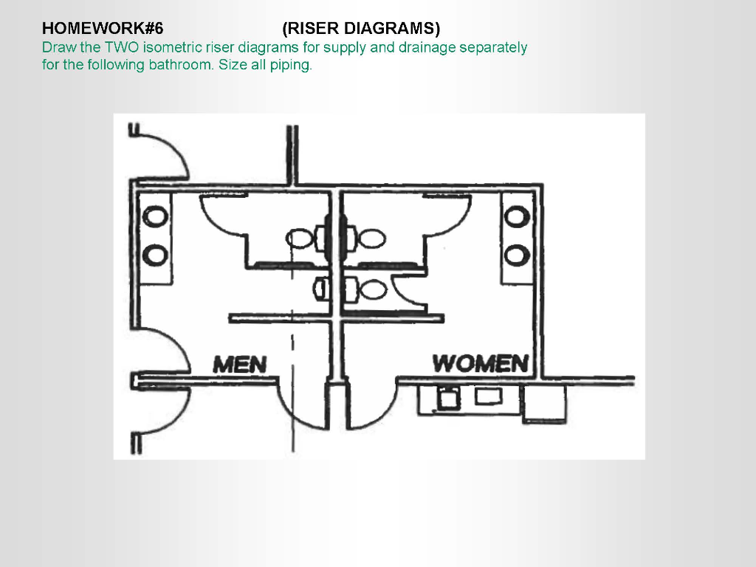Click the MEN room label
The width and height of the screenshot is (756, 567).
point(239,364)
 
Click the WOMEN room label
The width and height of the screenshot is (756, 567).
point(481,363)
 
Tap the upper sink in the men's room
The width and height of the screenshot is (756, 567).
point(155,217)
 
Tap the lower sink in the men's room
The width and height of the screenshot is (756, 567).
point(155,255)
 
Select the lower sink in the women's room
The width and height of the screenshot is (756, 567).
point(516,255)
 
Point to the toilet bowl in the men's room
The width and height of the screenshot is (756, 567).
point(300,238)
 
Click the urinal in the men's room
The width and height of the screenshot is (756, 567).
point(321,287)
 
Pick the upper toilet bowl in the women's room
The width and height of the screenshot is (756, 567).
point(371,238)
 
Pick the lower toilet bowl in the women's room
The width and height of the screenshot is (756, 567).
point(374,289)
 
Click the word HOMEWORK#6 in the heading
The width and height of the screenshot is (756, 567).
point(103,29)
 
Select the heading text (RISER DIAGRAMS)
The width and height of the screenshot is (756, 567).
point(361,29)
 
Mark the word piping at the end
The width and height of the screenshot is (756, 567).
point(293,65)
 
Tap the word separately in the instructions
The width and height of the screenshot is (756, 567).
point(493,48)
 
